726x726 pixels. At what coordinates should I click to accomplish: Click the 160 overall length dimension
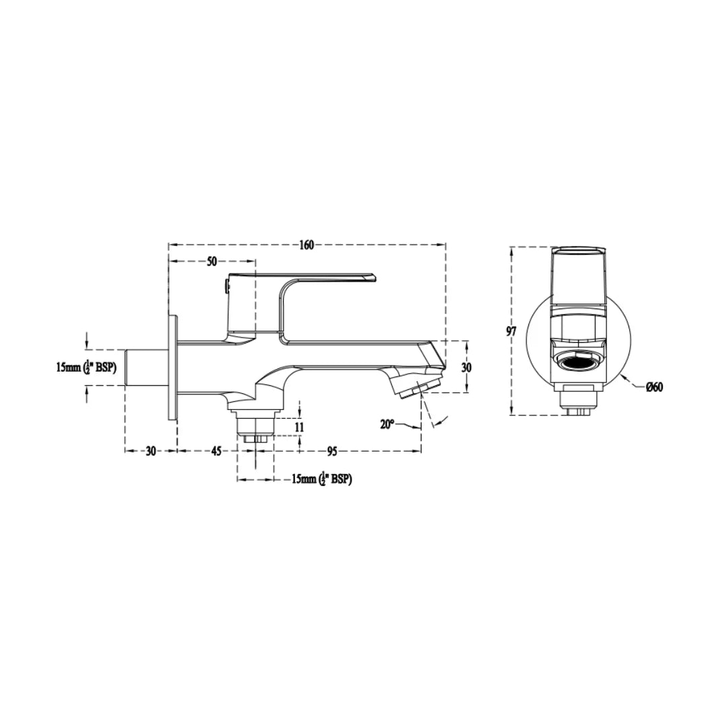pos(306,245)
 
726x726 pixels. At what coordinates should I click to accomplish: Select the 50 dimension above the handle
pos(212,262)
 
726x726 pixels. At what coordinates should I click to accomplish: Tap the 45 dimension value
pos(216,451)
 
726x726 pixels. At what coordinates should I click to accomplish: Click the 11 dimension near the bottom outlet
pos(300,427)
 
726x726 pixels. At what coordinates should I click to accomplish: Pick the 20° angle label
pos(387,424)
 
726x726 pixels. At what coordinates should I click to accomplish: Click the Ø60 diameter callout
pos(655,387)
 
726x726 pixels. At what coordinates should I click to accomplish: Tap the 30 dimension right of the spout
pos(467,368)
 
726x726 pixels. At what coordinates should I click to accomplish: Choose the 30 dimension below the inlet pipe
pos(150,451)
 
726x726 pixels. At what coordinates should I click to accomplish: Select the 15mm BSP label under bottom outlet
pos(322,479)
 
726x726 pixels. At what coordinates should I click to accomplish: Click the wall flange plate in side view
pos(173,368)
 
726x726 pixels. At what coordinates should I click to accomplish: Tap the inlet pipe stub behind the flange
pos(147,367)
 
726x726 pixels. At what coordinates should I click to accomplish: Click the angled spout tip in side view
pos(420,387)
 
